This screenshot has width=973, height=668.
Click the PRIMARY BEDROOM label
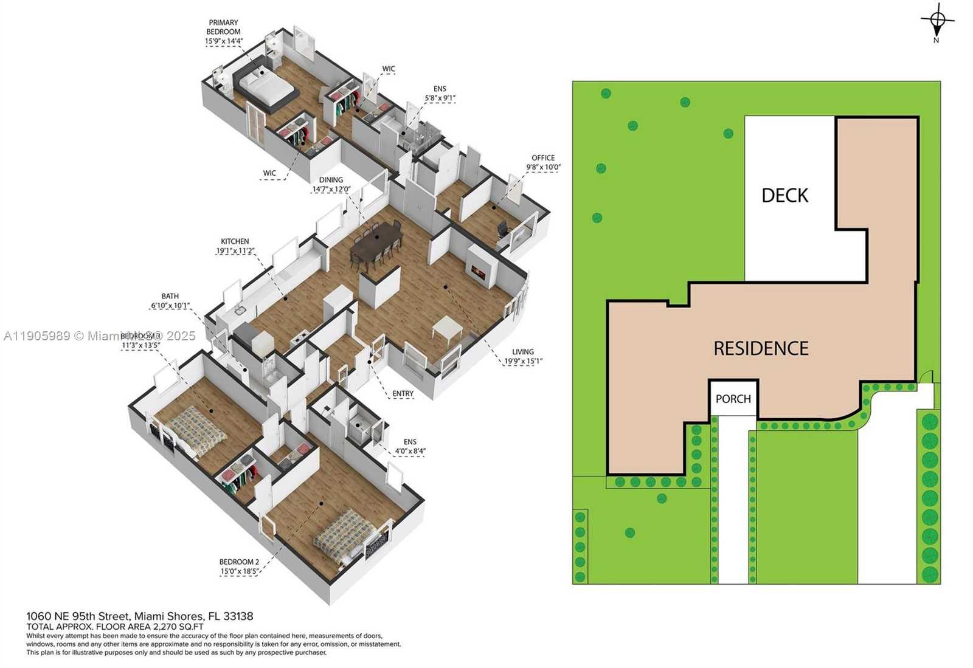[223, 27]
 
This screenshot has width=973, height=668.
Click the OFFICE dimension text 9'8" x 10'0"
[544, 167]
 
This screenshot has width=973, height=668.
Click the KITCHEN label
[235, 241]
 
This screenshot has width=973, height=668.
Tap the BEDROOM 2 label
[239, 562]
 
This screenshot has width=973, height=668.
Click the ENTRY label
[403, 394]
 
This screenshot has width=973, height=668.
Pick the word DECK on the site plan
[784, 196]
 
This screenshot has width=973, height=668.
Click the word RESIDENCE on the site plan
[761, 348]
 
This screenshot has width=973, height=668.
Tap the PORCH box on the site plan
[733, 399]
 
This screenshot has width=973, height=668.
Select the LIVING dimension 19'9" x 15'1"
[523, 361]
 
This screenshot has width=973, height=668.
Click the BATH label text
[170, 296]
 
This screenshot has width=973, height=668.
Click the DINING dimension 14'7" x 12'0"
[331, 189]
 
